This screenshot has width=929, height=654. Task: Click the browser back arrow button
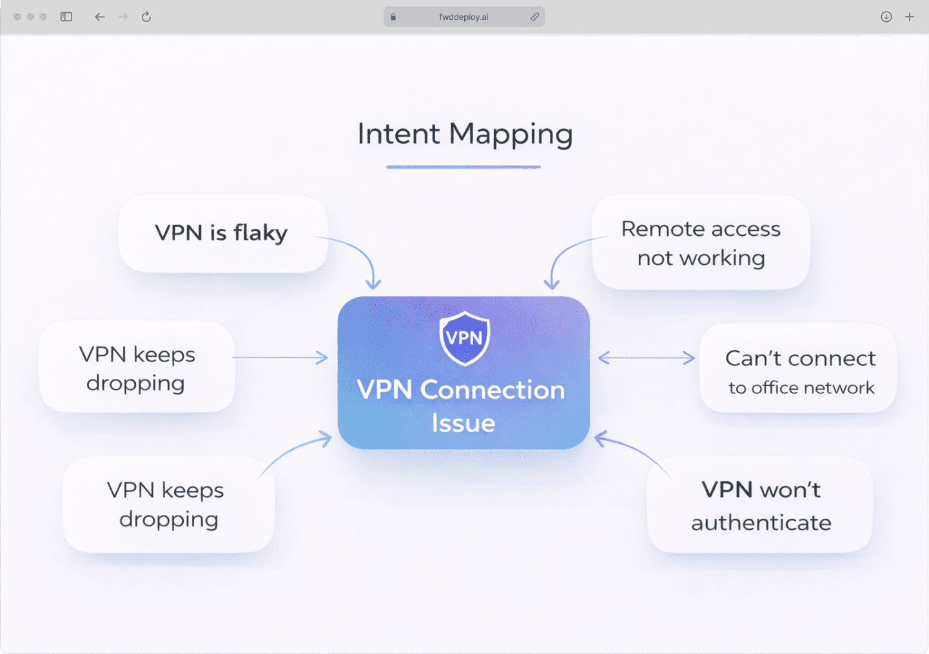(99, 17)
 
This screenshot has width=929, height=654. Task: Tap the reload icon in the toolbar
(146, 17)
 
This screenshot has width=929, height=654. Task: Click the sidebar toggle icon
(66, 17)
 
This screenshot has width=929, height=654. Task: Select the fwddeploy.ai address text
(464, 17)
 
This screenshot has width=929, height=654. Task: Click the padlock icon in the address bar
(393, 17)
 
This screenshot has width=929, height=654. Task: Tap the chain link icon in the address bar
(534, 17)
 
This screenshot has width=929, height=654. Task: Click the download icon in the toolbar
(886, 17)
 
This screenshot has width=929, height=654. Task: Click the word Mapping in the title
(511, 134)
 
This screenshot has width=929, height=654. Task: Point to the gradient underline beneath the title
(464, 167)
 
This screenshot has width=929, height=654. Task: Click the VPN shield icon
(464, 338)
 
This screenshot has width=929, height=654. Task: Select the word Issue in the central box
(464, 423)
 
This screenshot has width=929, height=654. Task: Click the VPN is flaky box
(223, 233)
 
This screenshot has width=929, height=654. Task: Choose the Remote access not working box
(701, 242)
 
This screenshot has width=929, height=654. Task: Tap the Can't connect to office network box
(799, 368)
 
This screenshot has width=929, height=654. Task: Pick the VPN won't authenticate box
(760, 505)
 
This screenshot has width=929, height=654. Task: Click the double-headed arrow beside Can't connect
(647, 358)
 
